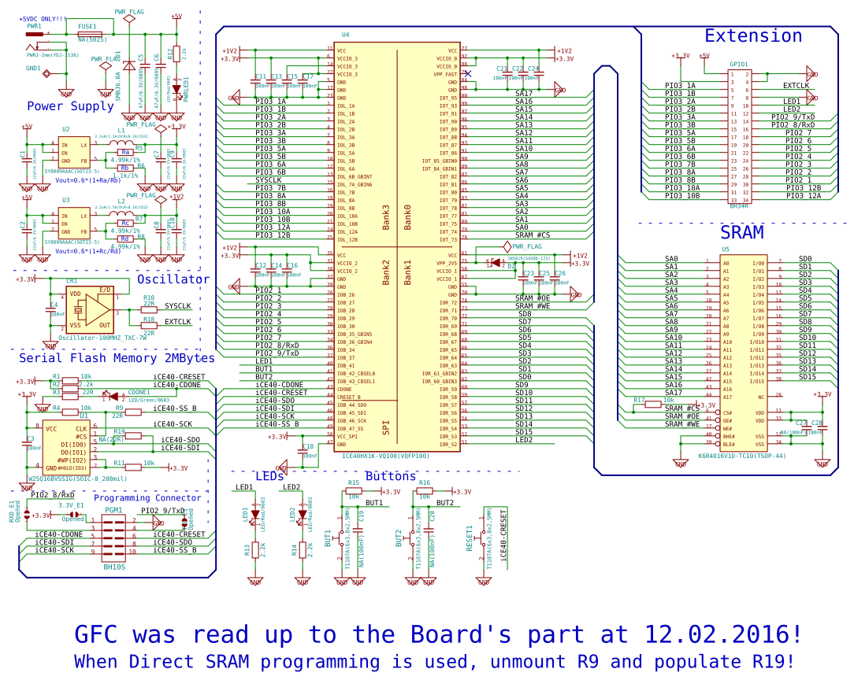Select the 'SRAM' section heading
tap(741, 233)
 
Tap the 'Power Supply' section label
tap(70, 106)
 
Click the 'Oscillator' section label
tap(173, 279)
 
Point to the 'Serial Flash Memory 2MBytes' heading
tap(117, 358)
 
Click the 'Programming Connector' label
tap(147, 497)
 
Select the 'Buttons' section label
tap(390, 477)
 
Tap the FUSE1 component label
tap(87, 27)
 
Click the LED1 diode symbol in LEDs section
tap(254, 514)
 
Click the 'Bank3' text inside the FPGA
tap(386, 217)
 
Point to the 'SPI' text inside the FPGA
tap(386, 427)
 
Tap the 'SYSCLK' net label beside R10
tap(177, 305)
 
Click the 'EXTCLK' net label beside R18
tap(177, 321)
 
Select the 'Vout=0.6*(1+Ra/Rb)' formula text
tap(83, 180)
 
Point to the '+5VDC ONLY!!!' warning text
tap(43, 19)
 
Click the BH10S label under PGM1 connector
tap(114, 567)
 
